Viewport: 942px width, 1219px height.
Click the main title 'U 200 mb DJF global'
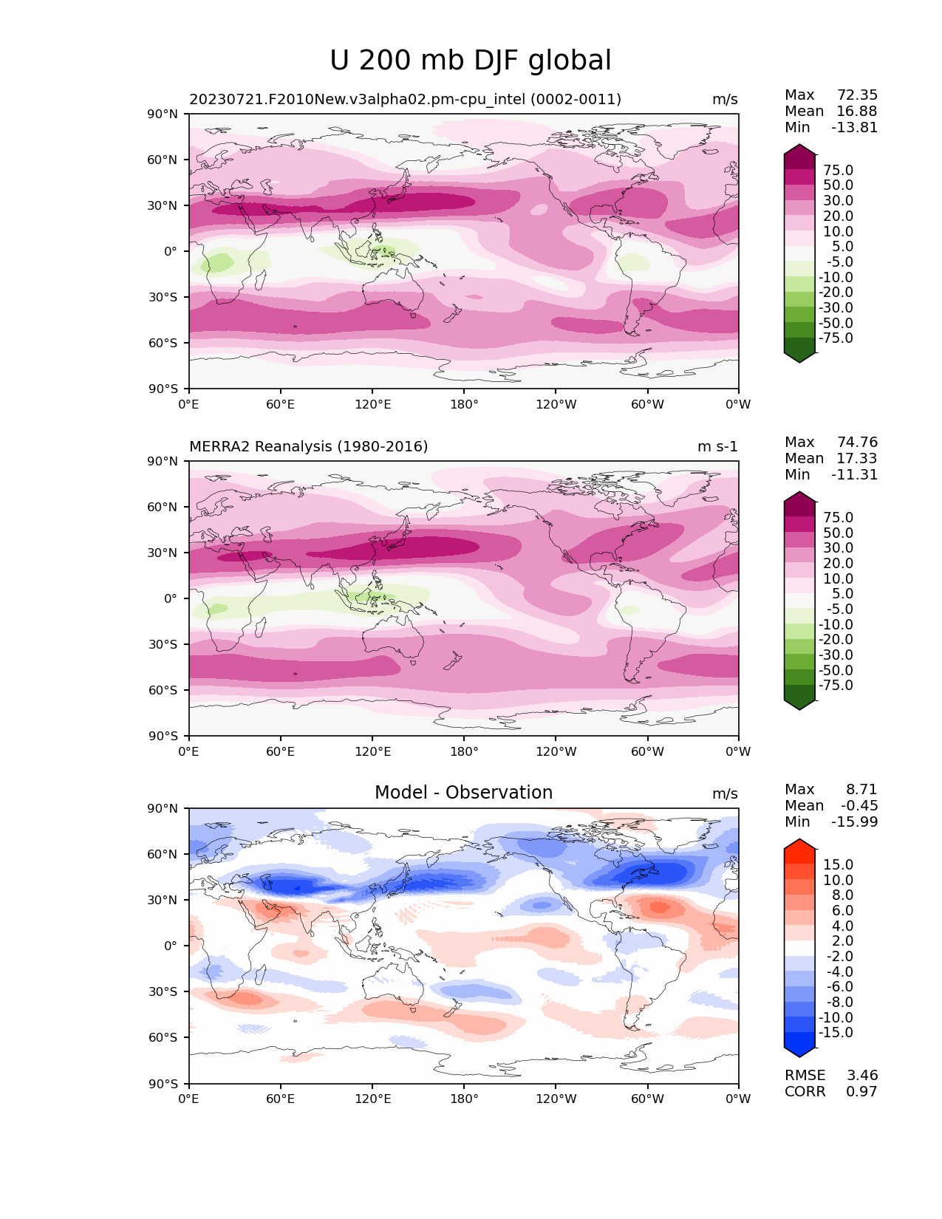[x=471, y=61]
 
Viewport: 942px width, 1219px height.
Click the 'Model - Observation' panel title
[x=463, y=793]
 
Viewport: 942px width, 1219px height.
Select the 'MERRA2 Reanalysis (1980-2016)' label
[x=308, y=447]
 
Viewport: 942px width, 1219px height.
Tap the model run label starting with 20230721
[x=405, y=100]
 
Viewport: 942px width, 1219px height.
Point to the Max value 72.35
[x=857, y=95]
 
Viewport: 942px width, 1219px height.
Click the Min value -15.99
[x=855, y=822]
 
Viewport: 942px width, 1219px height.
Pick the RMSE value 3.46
[x=862, y=1076]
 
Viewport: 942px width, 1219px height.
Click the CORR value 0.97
[x=862, y=1092]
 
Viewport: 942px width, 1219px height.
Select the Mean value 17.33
[x=857, y=459]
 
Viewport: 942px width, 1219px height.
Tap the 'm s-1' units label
[x=717, y=447]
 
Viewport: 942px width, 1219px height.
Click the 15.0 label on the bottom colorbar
[x=839, y=865]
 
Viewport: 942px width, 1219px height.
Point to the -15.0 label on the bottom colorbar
[x=836, y=1033]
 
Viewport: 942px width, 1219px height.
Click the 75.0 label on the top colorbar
[x=839, y=171]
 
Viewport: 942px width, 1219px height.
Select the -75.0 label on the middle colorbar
[x=836, y=686]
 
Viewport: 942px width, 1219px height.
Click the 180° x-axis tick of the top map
[x=464, y=405]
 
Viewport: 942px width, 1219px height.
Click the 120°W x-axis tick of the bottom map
[x=556, y=1099]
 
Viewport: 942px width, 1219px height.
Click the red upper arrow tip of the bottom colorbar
[x=800, y=844]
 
